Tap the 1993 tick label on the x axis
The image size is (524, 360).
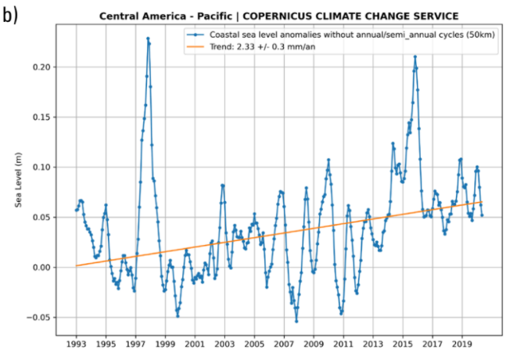77,343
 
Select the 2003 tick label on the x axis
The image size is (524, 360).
224,343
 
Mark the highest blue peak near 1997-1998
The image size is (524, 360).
148,38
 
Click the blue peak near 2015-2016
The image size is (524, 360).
415,56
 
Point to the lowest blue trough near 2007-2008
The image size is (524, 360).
296,321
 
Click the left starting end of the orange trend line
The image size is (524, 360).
77,266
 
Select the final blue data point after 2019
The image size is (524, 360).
482,215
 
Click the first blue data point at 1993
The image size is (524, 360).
77,210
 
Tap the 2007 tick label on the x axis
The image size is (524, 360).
284,343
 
